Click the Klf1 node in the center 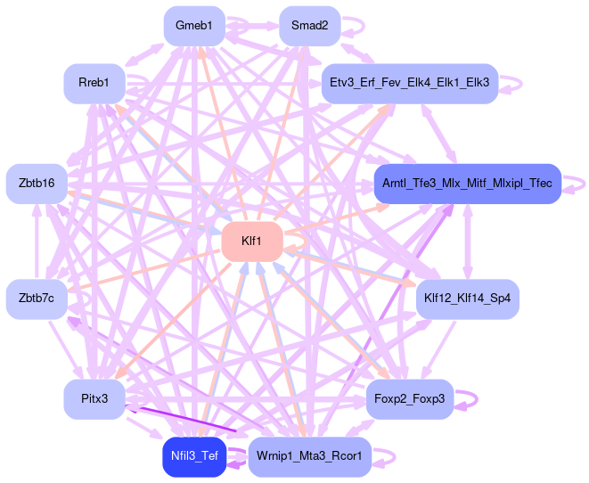point(251,241)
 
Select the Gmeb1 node point(193,26)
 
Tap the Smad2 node point(309,26)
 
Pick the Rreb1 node point(94,83)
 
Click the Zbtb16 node point(37,183)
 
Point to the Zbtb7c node point(37,299)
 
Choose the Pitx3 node point(94,398)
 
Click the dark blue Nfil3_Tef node point(193,455)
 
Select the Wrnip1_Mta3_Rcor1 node point(308,455)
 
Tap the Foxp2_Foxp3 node point(410,398)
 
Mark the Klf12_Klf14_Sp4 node point(467,299)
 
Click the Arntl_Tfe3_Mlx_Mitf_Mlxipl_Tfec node point(467,183)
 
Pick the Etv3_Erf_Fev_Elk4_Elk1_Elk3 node point(410,83)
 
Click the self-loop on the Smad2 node point(352,26)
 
